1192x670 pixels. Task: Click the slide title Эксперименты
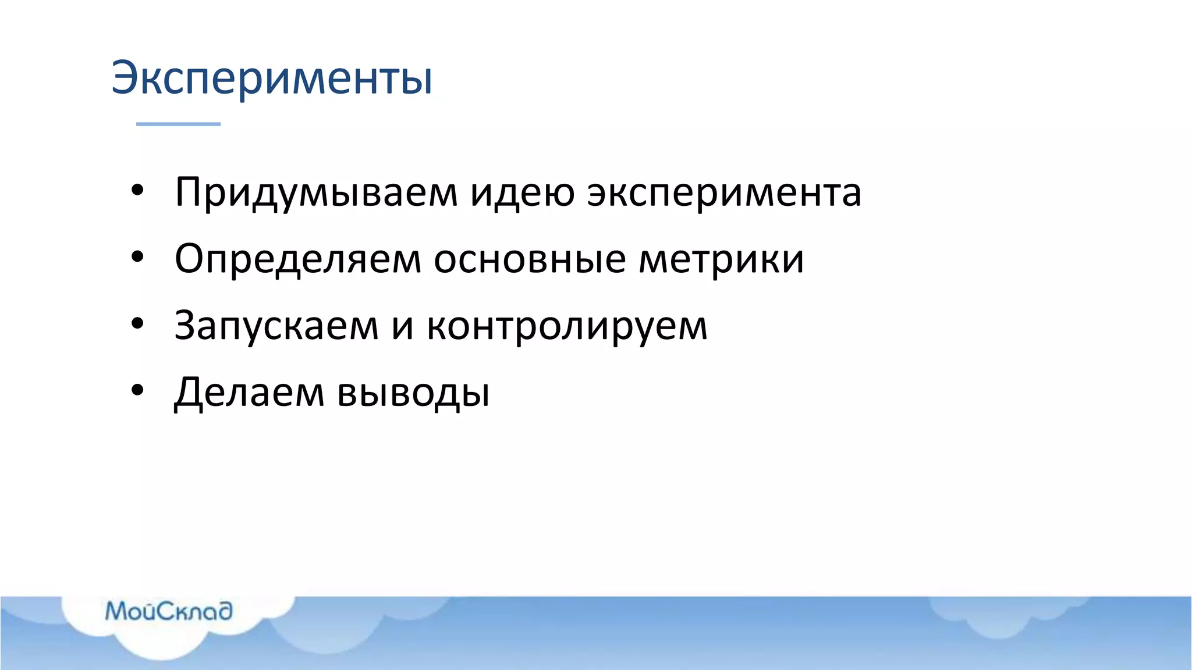(272, 79)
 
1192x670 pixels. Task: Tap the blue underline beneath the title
(178, 124)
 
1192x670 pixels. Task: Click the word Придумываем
(316, 193)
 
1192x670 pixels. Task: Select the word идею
(522, 193)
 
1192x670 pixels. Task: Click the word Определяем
(297, 259)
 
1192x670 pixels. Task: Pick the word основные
(530, 259)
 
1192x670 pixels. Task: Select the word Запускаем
(276, 326)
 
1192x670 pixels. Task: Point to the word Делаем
(249, 393)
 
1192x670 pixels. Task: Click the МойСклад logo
(169, 611)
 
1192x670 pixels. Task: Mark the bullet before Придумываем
(137, 190)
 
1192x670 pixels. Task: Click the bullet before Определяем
(137, 256)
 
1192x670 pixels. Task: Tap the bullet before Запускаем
(137, 323)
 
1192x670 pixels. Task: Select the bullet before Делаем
(137, 390)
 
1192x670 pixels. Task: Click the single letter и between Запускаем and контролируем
(403, 327)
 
